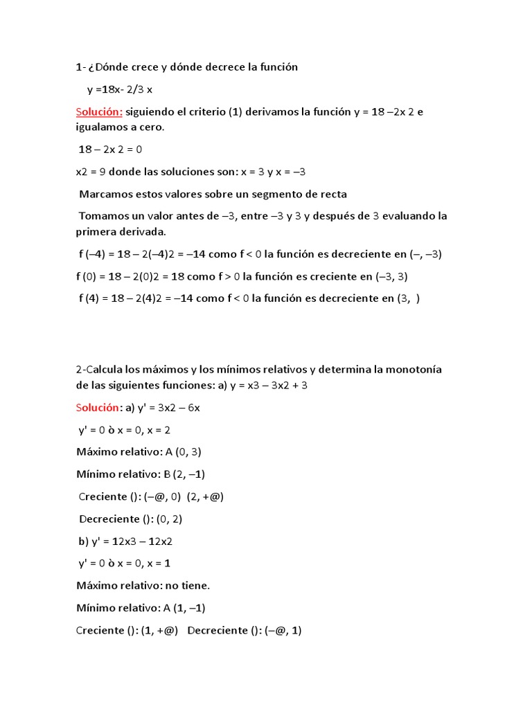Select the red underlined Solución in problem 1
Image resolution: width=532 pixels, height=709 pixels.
[x=99, y=111]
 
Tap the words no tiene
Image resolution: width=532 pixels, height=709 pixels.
[x=187, y=586]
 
